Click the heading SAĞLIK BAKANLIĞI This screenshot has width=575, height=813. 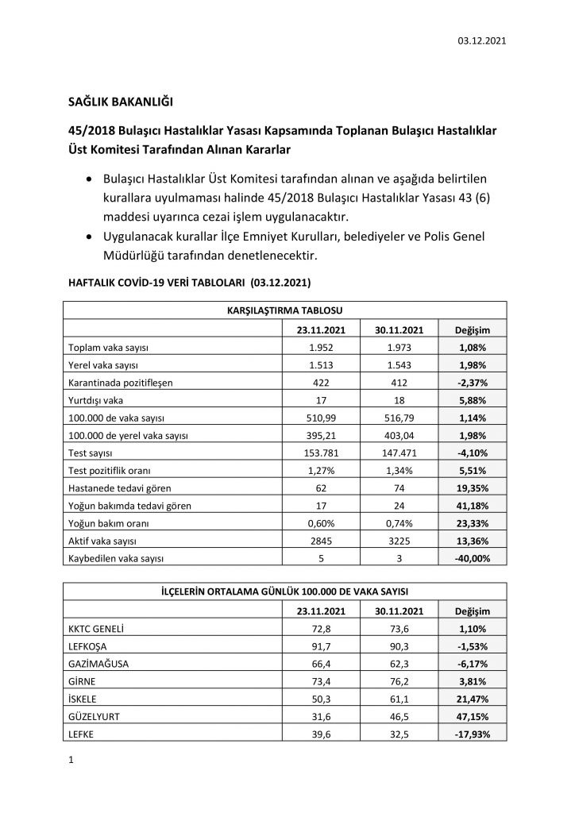point(120,102)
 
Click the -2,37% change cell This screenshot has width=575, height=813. point(472,383)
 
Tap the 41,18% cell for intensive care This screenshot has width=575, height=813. point(472,505)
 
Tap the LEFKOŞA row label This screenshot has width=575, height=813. point(90,646)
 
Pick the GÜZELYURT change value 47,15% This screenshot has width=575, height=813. point(472,716)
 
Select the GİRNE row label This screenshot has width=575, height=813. point(83,681)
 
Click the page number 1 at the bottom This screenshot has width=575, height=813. point(71,761)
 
